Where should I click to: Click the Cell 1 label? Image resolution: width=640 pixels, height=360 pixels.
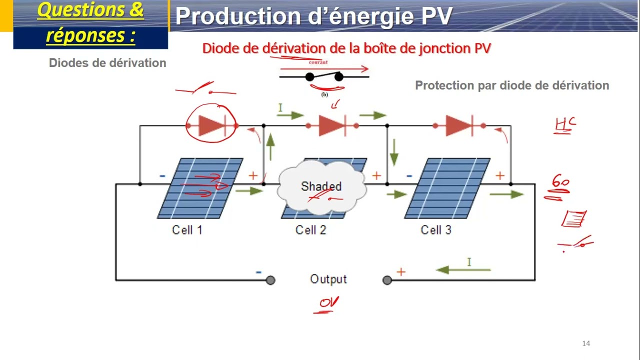187,230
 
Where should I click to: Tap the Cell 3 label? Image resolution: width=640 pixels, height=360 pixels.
435,230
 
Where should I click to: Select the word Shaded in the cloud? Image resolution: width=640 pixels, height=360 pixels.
321,186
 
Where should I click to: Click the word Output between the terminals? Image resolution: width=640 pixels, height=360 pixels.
328,279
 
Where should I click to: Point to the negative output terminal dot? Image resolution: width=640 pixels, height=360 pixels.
270,280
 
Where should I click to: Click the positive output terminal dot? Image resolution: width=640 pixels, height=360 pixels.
387,280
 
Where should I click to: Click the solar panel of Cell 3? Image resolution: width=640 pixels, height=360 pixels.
447,188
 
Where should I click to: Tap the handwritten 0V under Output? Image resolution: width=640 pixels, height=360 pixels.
329,303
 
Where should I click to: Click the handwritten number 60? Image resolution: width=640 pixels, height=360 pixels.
560,182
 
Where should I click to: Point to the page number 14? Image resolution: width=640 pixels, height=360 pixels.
586,343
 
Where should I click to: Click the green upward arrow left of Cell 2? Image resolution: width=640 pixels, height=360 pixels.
270,147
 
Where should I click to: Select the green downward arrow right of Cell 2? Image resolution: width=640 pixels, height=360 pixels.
394,152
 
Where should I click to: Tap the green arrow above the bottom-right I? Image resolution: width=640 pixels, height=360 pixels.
463,270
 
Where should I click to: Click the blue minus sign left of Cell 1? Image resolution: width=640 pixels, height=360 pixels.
162,176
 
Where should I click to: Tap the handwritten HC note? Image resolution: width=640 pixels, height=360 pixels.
565,125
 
